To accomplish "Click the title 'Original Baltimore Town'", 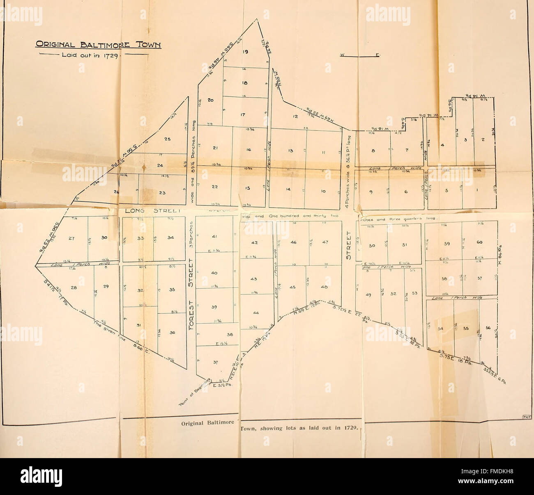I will click(97, 45).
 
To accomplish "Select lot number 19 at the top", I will click(246, 52).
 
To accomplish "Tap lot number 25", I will click(167, 139).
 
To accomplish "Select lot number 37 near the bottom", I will click(216, 363).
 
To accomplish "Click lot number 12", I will click(295, 116).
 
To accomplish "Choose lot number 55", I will click(465, 328).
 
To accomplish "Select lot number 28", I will click(74, 287).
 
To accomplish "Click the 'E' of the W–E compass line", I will click(377, 55).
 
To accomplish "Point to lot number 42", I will click(254, 242).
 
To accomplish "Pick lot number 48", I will click(324, 287).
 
